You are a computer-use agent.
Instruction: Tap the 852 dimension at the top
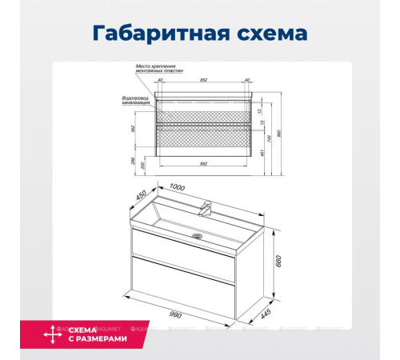[206, 81]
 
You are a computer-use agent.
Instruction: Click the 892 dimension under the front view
[206, 164]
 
